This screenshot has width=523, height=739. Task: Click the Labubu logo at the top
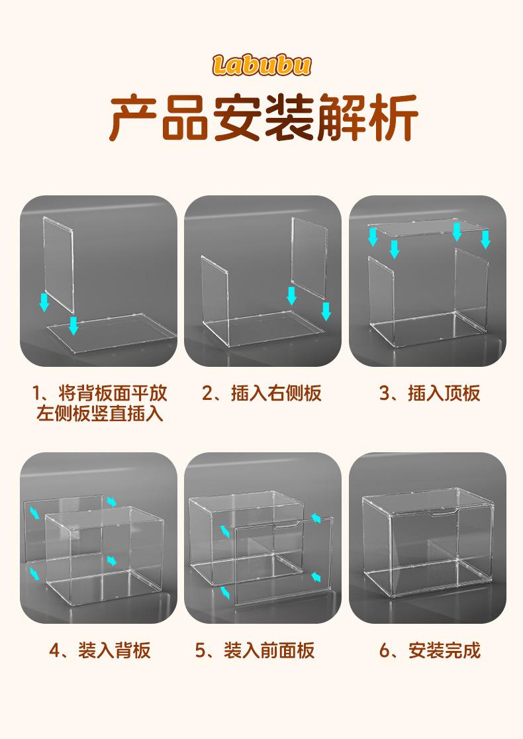point(261,65)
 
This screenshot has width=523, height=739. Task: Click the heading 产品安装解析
point(264,118)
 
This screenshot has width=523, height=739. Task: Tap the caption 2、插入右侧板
point(262,393)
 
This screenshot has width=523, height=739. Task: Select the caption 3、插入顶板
point(430,393)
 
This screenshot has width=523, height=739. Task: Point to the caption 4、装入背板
point(100,650)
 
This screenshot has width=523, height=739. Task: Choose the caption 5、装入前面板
point(255,650)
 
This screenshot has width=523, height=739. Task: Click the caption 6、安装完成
point(430,650)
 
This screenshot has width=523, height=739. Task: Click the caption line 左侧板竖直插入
point(100,413)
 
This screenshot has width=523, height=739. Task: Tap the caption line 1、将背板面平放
point(100,393)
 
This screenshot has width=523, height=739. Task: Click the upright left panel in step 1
point(58,264)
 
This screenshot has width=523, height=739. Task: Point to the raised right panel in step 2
point(309,258)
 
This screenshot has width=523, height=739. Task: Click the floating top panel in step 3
point(428,228)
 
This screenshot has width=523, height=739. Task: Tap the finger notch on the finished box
point(442,513)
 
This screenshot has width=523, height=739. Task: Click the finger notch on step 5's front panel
point(287,525)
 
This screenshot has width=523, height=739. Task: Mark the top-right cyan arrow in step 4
point(112,501)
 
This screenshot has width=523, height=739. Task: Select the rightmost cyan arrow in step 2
point(326,311)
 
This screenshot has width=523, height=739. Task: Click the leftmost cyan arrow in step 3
point(373,236)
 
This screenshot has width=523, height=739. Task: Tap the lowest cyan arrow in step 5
point(225,593)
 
